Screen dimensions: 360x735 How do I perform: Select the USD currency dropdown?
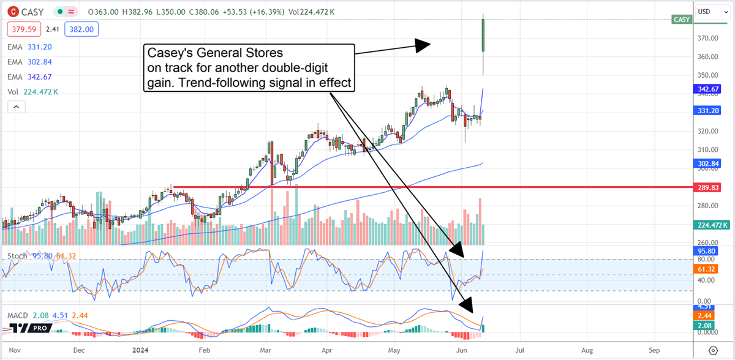(711, 12)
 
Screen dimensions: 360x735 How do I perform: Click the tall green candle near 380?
(484, 36)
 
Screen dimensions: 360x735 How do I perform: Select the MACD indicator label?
(17, 315)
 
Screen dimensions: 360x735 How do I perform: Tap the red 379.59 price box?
(21, 29)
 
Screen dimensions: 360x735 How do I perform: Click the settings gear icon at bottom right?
(713, 350)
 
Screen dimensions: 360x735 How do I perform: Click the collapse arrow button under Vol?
(17, 107)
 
